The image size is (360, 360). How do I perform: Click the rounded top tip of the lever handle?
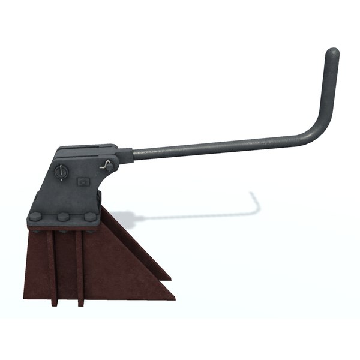(332, 52)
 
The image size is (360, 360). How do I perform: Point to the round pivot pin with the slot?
(59, 173)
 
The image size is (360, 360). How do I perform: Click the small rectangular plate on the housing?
(83, 180)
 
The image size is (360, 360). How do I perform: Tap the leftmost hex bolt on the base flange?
(35, 217)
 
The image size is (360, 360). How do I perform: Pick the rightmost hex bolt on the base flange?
(89, 217)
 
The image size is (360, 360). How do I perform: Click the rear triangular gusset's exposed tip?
(168, 277)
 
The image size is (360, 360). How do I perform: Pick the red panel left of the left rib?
(37, 264)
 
